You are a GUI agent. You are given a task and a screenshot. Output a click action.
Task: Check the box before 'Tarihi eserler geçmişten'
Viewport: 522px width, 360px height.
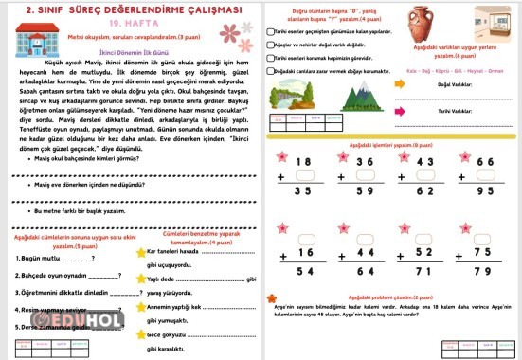tap(271, 32)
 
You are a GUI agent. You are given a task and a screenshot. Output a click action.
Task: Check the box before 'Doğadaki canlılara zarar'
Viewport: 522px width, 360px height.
tap(271, 70)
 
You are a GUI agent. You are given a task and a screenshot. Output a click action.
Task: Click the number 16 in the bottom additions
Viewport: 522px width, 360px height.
tap(303, 254)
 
